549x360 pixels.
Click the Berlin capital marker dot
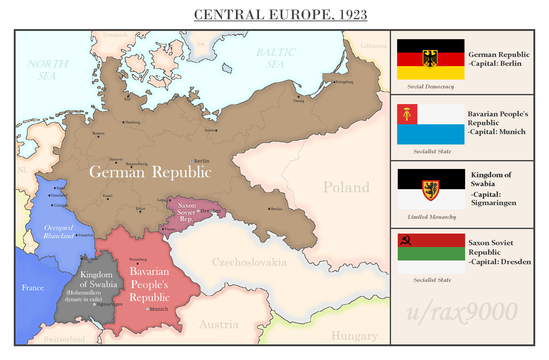coord(192,161)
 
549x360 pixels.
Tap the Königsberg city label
coord(344,82)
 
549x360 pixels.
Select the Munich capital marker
coord(147,309)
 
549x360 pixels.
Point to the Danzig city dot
coord(299,97)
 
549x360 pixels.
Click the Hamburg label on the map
coord(133,122)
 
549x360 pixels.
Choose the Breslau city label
coord(276,209)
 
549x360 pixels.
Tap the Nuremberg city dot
coord(137,264)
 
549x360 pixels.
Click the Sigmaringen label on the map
coord(110,304)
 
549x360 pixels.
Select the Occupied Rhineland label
coord(58,232)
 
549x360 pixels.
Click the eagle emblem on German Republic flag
coord(430,59)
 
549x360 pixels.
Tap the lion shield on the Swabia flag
coord(431,190)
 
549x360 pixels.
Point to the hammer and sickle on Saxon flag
coord(405,240)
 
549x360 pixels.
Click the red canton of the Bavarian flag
coord(407,114)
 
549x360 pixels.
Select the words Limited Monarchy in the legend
coord(432,217)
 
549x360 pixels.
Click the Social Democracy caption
coord(431,87)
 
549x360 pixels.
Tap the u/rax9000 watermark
coord(462,312)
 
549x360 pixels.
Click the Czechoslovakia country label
coord(249,262)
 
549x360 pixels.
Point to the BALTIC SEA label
coord(276,58)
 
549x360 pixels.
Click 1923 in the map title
coord(353,15)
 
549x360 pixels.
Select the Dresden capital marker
coord(198,211)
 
